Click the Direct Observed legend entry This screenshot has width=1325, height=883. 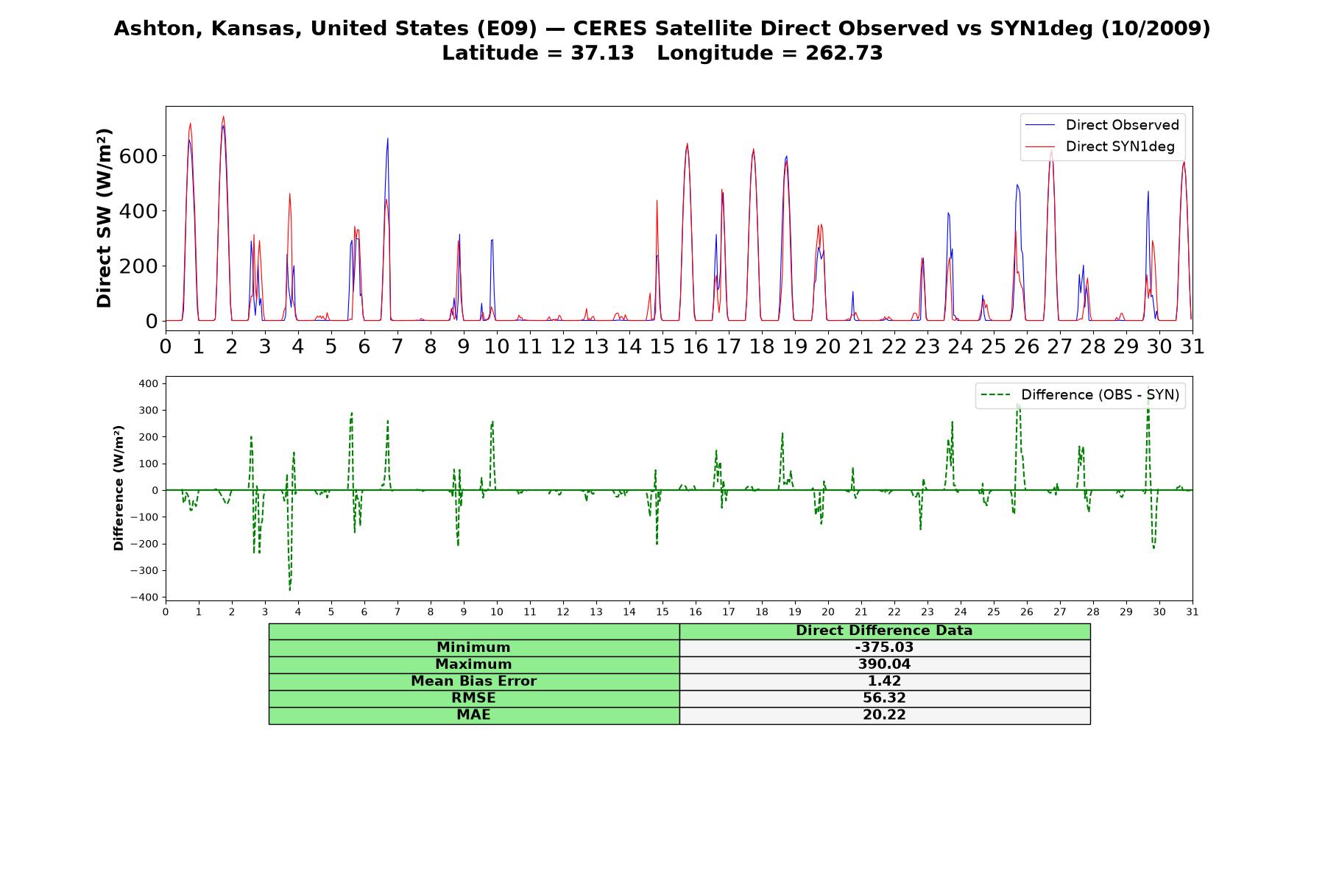1102,125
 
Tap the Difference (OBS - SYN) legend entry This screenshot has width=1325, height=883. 1080,395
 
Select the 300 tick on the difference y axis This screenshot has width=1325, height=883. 148,410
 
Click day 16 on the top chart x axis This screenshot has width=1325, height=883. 696,346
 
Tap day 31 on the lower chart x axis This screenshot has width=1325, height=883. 1192,611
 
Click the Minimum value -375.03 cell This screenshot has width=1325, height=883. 884,648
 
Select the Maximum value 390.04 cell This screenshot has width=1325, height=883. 884,664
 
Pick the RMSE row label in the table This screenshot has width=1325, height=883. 474,698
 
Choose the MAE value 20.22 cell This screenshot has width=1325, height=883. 884,715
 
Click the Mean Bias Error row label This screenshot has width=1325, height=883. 474,681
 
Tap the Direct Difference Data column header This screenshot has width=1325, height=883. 884,631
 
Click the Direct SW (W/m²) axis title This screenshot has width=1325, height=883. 104,218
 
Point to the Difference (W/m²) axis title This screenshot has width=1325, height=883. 119,489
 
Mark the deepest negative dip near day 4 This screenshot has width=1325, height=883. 290,590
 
